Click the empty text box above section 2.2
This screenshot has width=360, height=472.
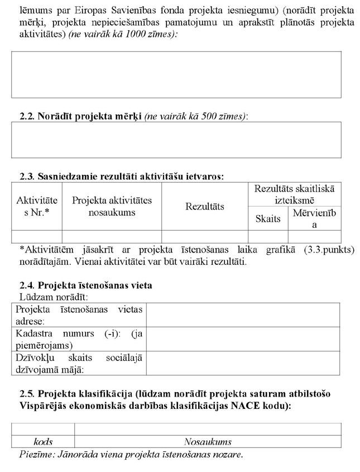point(176,75)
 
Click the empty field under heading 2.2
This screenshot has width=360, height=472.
point(176,140)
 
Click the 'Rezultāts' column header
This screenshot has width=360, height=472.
point(204,207)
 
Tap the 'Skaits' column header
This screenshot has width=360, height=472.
point(268,219)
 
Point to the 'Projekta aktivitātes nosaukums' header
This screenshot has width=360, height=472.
point(112,206)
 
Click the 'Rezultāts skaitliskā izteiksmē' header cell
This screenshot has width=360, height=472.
point(294,195)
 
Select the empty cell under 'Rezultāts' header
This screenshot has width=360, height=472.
point(204,237)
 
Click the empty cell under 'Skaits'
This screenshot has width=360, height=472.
point(268,237)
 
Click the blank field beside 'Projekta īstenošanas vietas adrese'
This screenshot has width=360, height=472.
point(242,315)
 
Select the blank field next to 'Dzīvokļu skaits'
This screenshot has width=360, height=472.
point(242,363)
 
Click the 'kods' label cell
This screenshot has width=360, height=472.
point(43,442)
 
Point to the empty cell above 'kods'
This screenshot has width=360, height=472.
point(43,429)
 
